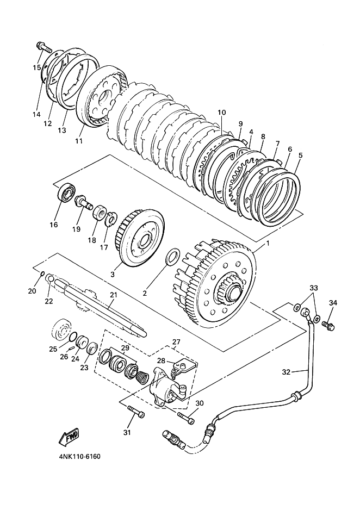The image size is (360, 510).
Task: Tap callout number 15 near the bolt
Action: pos(37,67)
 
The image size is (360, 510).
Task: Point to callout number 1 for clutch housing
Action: pos(267,245)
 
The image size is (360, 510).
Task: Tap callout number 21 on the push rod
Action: pos(113,295)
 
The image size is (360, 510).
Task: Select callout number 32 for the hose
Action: pos(287,372)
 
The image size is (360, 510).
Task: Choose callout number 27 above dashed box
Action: pos(176,343)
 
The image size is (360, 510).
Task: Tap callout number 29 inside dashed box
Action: pos(125,347)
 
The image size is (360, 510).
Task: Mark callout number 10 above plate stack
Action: pos(221,113)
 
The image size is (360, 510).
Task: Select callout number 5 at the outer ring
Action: pos(300,155)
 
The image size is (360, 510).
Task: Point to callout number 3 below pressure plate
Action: pos(113,274)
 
